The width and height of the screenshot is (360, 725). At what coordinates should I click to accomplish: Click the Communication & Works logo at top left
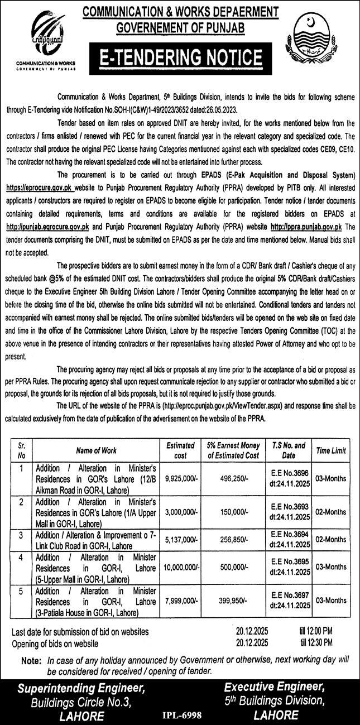(46, 40)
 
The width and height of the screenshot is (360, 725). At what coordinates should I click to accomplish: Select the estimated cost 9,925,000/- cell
(180, 478)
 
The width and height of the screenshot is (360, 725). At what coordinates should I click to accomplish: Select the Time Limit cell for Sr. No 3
(332, 539)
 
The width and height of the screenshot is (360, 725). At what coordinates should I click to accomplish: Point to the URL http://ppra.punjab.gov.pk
(306, 226)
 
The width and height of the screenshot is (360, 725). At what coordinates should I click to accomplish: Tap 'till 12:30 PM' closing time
(316, 644)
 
